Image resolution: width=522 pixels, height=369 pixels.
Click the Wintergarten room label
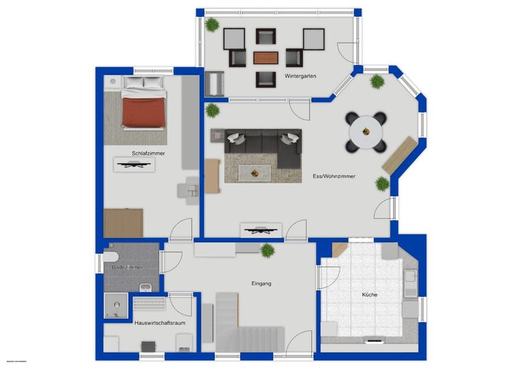click(300, 76)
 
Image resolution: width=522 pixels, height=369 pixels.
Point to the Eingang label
click(260, 283)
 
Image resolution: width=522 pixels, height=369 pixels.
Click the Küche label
click(369, 295)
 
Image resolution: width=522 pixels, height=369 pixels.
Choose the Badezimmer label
click(128, 268)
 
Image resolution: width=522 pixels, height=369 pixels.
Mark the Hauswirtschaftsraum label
click(160, 323)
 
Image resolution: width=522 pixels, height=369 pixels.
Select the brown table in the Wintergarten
click(266, 57)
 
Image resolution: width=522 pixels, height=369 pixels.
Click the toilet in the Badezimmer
click(111, 258)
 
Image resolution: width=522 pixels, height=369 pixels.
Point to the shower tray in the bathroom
click(117, 306)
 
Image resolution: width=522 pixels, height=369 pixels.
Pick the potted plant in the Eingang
click(267, 249)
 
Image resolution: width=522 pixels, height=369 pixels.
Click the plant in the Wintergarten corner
click(213, 24)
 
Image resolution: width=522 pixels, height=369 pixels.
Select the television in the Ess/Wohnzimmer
click(260, 229)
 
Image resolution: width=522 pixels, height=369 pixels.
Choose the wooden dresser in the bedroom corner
click(123, 222)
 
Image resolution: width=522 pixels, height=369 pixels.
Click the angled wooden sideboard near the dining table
click(399, 154)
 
